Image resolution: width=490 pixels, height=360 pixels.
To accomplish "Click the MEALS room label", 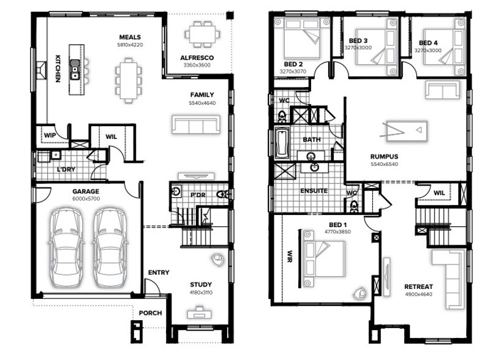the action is pos(130,37).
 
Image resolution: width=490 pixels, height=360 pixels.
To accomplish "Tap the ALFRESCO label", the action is pos(197,58).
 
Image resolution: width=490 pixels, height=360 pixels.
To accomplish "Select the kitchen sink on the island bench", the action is pos(75,69).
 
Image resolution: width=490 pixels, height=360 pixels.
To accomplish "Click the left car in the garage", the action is pos(66,247).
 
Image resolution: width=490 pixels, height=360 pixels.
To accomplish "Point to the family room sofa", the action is pos(196,124).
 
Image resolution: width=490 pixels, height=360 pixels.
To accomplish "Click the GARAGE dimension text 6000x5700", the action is pos(86,199).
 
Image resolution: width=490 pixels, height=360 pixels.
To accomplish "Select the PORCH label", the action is pos(150,313).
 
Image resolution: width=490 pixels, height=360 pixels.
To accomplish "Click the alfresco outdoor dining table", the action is pos(202,34).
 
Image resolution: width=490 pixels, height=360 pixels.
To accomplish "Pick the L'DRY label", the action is pos(66,170).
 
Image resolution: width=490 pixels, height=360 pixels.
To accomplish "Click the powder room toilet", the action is pos(222,194).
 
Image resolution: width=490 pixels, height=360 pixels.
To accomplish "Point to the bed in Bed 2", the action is pos(302,39).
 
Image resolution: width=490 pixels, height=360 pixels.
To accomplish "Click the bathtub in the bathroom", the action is pos(282,144).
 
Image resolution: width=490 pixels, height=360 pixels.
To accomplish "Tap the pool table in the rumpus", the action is pos(407,131).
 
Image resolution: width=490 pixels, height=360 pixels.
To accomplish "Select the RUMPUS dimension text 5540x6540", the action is pos(384,164).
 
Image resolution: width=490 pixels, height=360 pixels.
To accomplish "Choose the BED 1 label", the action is pos(338,225).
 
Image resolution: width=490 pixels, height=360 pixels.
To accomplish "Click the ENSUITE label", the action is pos(314,190).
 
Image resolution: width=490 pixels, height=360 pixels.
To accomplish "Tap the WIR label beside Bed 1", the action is pos(290,257).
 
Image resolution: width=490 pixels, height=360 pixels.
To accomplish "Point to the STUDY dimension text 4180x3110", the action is pos(201,293).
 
